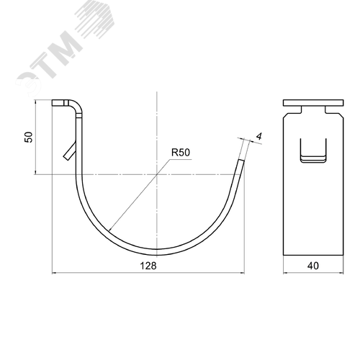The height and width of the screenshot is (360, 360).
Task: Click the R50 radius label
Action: coord(181,153)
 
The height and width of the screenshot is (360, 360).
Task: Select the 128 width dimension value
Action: coord(148,266)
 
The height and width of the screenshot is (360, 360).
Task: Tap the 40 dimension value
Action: coord(313,266)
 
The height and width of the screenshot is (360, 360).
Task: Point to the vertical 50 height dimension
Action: coord(29,137)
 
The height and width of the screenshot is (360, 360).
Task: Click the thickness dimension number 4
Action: coord(259,137)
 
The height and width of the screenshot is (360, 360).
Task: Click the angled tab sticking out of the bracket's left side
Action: coord(70,151)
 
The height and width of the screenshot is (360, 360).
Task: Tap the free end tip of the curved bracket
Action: coord(241,160)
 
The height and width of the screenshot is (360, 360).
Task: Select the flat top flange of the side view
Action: coord(313,103)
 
